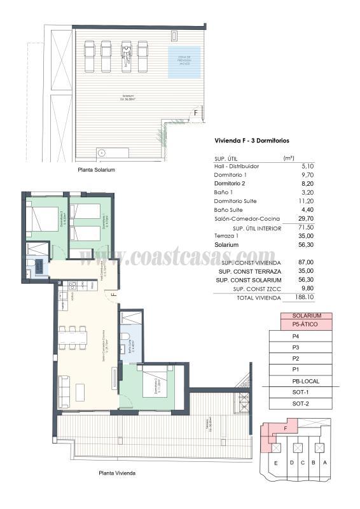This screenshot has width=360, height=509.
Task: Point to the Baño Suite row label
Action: (x=228, y=209)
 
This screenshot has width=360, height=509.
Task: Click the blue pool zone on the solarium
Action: (x=184, y=62)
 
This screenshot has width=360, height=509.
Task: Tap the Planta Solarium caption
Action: (x=96, y=171)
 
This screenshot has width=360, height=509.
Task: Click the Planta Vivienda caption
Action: (x=116, y=473)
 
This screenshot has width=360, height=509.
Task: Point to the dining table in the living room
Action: (x=73, y=338)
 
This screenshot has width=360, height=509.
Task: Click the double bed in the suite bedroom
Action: (x=154, y=384)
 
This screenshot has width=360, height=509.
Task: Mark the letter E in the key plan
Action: (x=275, y=463)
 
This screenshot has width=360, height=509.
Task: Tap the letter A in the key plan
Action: (x=324, y=463)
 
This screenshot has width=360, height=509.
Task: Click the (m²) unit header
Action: (x=288, y=157)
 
